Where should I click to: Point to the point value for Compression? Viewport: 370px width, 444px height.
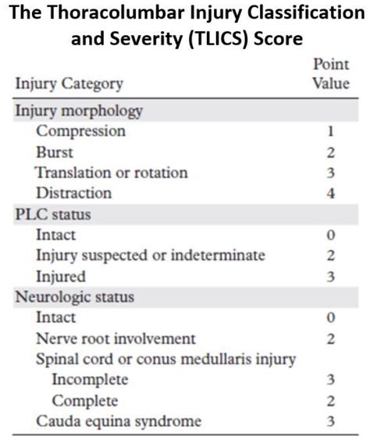click(x=332, y=131)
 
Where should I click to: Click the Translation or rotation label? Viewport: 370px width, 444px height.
click(x=112, y=172)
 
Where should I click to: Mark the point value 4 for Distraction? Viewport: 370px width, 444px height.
click(x=332, y=193)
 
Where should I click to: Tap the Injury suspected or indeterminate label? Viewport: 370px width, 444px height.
click(x=150, y=255)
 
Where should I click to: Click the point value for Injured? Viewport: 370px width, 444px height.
click(x=332, y=275)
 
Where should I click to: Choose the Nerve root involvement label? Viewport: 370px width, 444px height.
click(x=116, y=339)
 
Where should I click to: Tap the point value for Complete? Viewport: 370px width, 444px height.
click(x=332, y=401)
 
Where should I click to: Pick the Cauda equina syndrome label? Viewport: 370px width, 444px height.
click(x=119, y=422)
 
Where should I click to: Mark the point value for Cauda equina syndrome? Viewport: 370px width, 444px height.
click(x=332, y=422)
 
